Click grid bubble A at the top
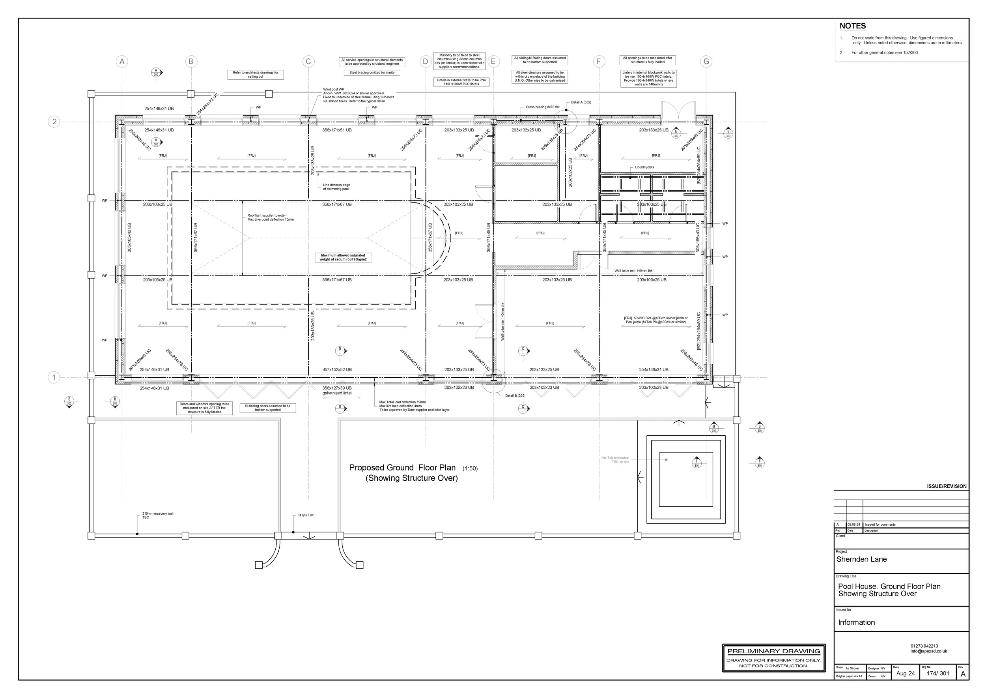[x=122, y=62]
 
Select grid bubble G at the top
[x=706, y=62]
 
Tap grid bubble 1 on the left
[x=54, y=378]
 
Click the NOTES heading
[x=852, y=26]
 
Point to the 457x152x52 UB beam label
[x=337, y=369]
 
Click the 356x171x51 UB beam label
[x=337, y=130]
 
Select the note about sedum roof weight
[x=343, y=257]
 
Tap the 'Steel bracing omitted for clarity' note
[x=372, y=73]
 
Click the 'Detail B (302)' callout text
[x=515, y=396]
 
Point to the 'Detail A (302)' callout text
[x=581, y=102]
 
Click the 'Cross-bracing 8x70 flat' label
[x=542, y=107]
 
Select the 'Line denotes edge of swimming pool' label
[x=336, y=187]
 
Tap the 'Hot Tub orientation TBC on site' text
[x=615, y=460]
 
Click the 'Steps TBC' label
[x=306, y=515]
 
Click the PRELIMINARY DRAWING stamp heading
[x=773, y=651]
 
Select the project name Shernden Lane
[x=861, y=559]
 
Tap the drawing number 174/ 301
[x=937, y=673]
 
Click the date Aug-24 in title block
[x=905, y=673]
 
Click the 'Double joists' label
[x=644, y=167]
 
